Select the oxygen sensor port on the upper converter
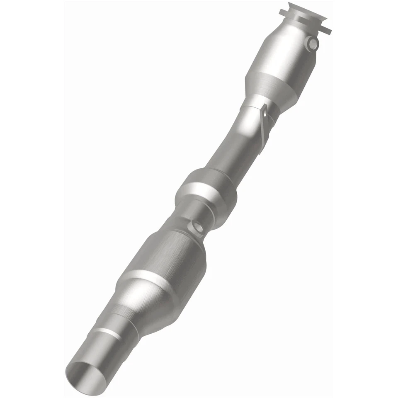click(313, 43)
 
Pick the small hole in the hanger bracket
click(264, 111)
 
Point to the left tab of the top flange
click(284, 10)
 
